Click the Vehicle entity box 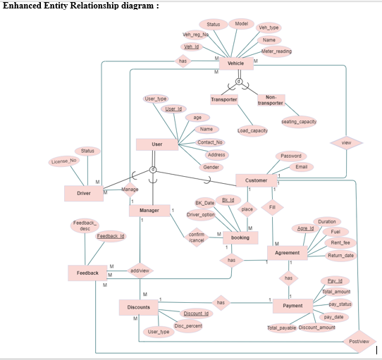pos(235,63)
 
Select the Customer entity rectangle pos(256,180)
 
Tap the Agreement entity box pos(288,253)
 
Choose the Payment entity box pos(292,306)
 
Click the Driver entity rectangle pos(84,192)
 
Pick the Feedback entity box pos(88,272)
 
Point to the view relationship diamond pos(345,143)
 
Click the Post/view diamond pos(358,342)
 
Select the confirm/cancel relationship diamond pos(197,237)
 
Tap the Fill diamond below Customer pos(271,208)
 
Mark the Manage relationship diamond pos(130,190)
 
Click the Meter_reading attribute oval pos(276,51)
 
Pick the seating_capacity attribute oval pos(299,121)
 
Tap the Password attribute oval pos(290,156)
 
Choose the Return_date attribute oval pos(340,255)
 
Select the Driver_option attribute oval pos(201,214)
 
